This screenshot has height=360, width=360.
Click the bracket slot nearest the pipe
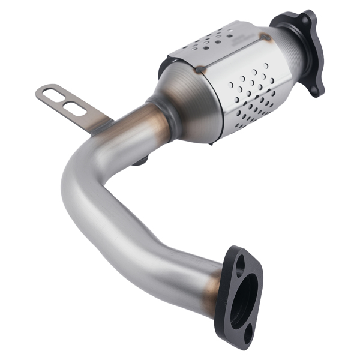(74, 109)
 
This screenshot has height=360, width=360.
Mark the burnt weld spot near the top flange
(264, 37)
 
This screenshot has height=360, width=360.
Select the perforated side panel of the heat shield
(252, 93)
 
